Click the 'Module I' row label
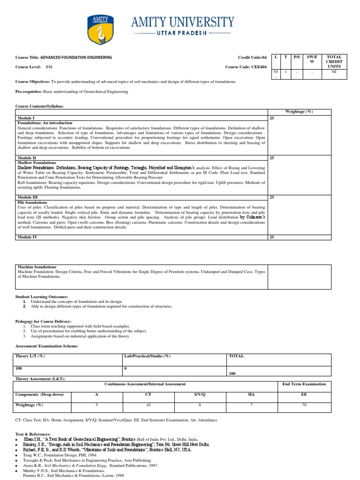26,118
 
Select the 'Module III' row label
27,197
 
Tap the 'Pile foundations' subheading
32,202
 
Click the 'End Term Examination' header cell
304,384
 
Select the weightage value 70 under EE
304,404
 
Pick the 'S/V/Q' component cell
200,394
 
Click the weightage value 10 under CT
149,404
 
